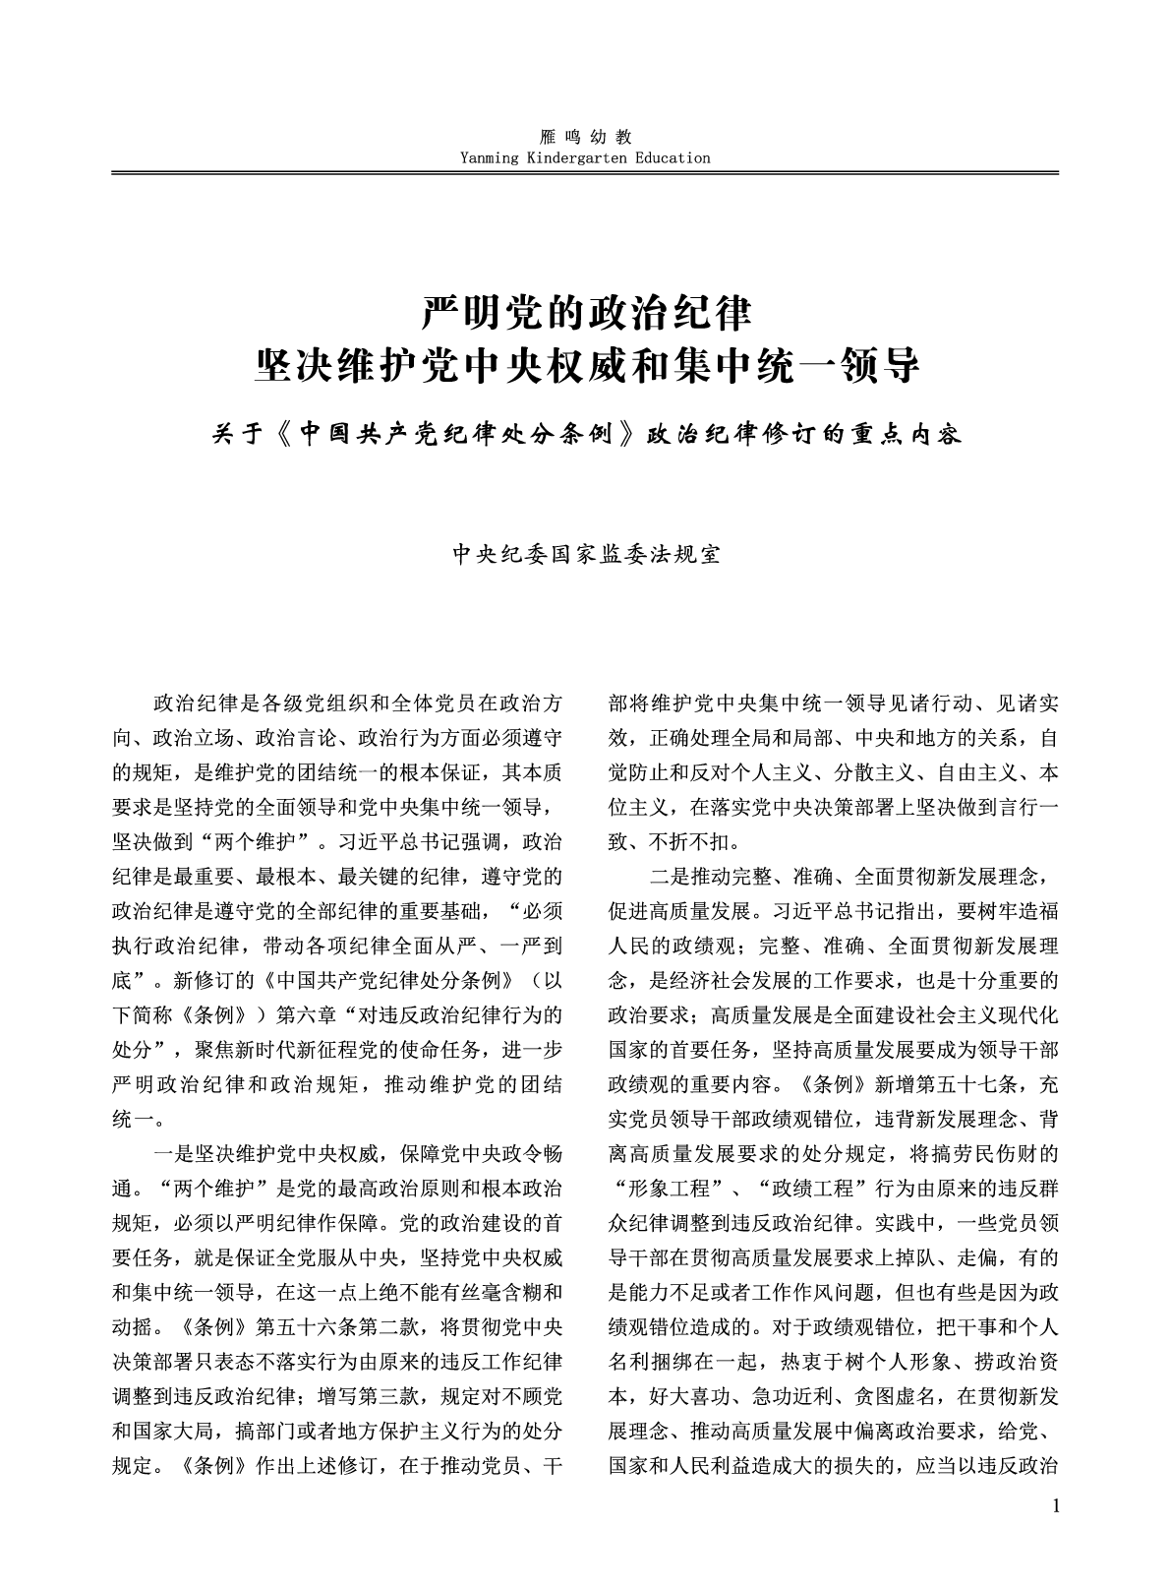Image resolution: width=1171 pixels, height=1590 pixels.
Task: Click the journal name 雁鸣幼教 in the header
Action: (585, 137)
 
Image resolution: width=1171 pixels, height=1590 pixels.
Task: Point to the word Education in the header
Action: (673, 157)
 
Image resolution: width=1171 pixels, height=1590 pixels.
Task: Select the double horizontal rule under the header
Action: (585, 173)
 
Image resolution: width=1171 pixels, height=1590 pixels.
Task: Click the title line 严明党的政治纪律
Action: (586, 314)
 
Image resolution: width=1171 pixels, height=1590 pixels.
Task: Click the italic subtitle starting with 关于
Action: (586, 434)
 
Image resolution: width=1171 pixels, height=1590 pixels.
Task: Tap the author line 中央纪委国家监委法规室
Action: (586, 554)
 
